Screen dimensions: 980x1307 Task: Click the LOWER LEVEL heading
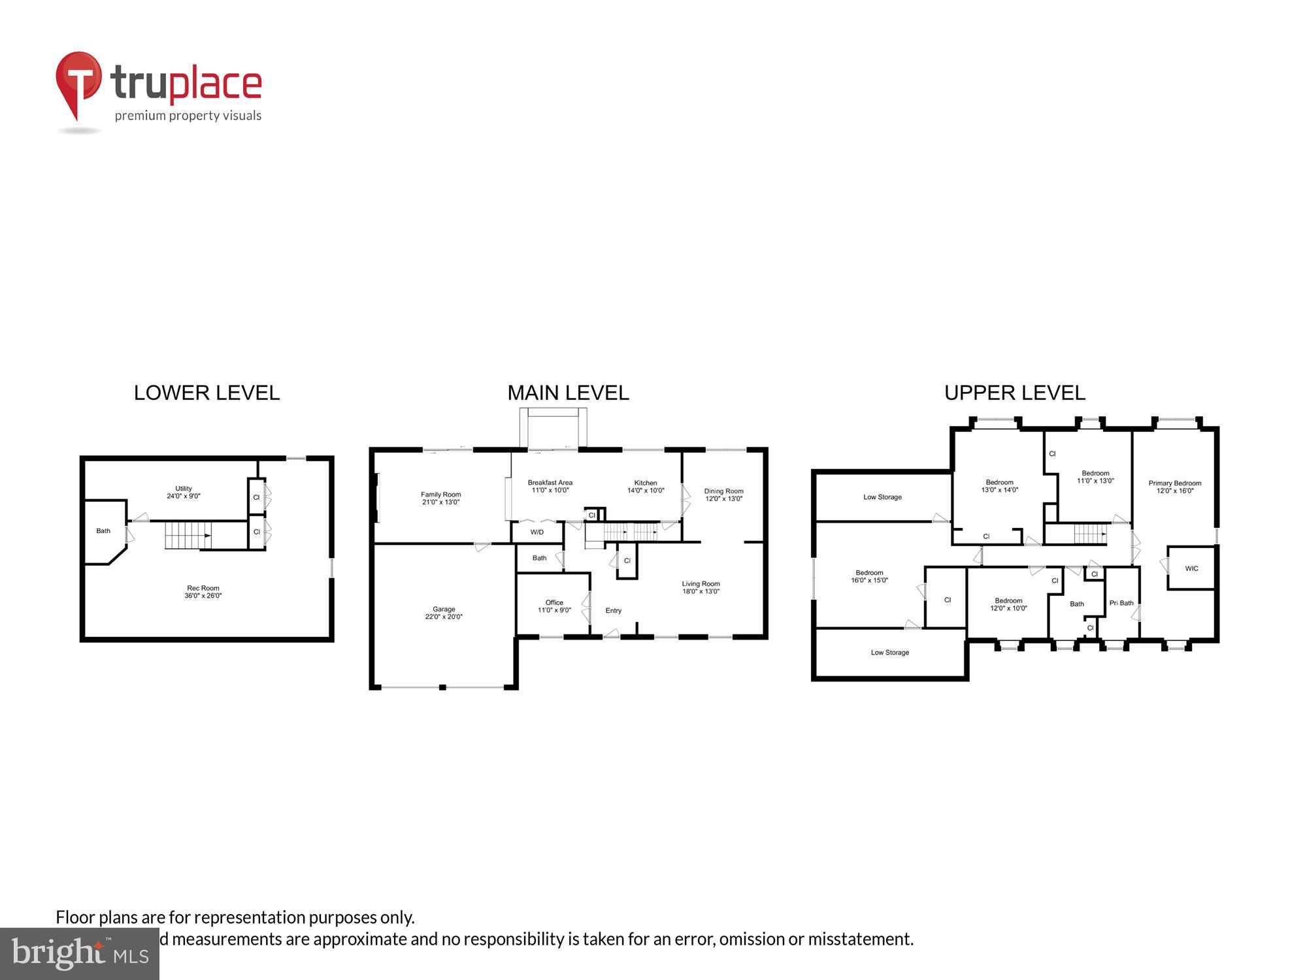[x=207, y=393]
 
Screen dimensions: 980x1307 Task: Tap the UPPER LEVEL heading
[x=1014, y=393]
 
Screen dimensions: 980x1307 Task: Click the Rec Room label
[x=203, y=592]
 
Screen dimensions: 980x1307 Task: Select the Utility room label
[x=184, y=492]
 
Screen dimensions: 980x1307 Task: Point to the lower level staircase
[x=188, y=535]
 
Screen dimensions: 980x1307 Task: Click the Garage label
[x=444, y=613]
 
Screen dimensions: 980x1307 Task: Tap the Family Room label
[x=440, y=498]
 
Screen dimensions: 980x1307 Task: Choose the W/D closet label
[x=537, y=532]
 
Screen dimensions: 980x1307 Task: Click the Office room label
[x=554, y=606]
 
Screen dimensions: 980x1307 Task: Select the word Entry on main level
[x=613, y=611]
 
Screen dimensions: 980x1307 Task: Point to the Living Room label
[x=701, y=587]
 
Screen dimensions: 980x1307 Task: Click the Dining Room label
[x=723, y=495]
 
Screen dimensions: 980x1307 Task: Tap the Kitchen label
[x=645, y=487]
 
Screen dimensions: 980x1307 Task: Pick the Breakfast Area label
[x=550, y=486]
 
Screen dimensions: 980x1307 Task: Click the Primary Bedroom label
[x=1174, y=487]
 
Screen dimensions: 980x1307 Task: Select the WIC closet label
[x=1191, y=568]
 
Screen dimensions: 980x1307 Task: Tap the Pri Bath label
[x=1121, y=603]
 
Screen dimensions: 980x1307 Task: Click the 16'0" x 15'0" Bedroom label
[x=869, y=576]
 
